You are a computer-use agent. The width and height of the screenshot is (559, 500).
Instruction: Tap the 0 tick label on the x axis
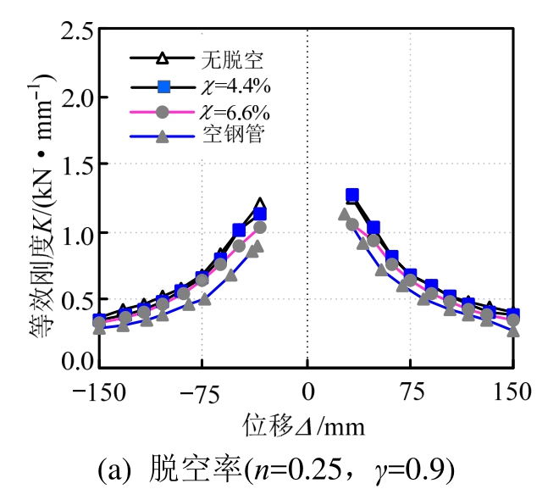click(307, 392)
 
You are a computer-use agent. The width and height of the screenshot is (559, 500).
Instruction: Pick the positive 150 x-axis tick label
click(512, 392)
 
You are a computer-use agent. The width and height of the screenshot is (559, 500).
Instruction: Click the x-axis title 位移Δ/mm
click(304, 425)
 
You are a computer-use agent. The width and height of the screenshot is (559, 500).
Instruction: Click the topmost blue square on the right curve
click(352, 195)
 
